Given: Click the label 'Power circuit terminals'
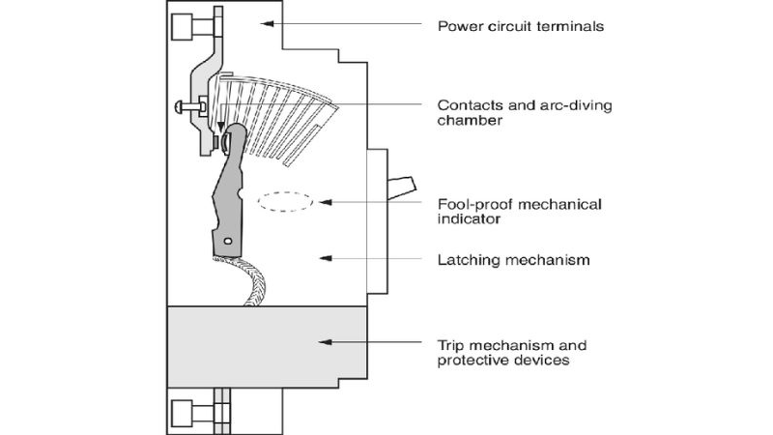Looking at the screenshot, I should (x=522, y=26).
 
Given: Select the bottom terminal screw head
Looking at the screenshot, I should (x=183, y=415).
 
